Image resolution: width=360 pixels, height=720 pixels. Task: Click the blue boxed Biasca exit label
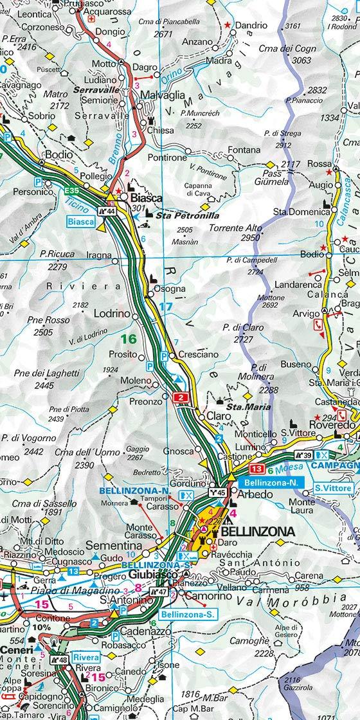click(x=80, y=222)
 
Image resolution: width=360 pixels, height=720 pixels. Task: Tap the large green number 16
click(x=129, y=339)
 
